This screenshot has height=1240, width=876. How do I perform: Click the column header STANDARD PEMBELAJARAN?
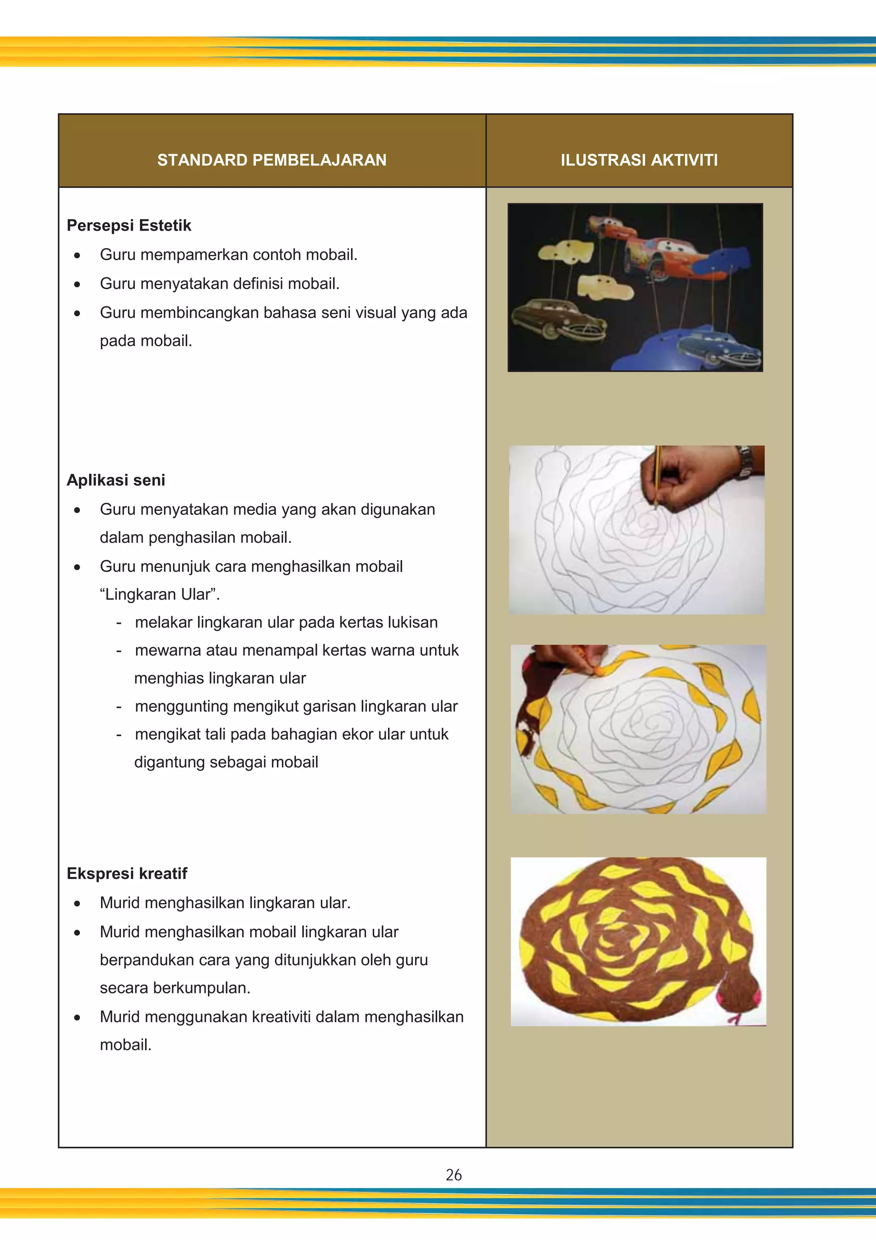pos(272,160)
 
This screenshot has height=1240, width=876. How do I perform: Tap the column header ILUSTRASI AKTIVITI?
pos(639,160)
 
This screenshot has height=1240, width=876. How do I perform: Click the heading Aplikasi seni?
pos(115,480)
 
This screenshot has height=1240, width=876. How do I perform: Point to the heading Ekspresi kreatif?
pos(127,873)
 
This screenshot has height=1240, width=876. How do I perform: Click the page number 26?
pos(453,1175)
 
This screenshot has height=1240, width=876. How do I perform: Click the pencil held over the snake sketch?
pos(657,475)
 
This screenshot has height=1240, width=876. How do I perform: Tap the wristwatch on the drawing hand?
pos(746,463)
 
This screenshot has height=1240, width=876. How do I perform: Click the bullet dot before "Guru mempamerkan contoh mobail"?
pos(77,255)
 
